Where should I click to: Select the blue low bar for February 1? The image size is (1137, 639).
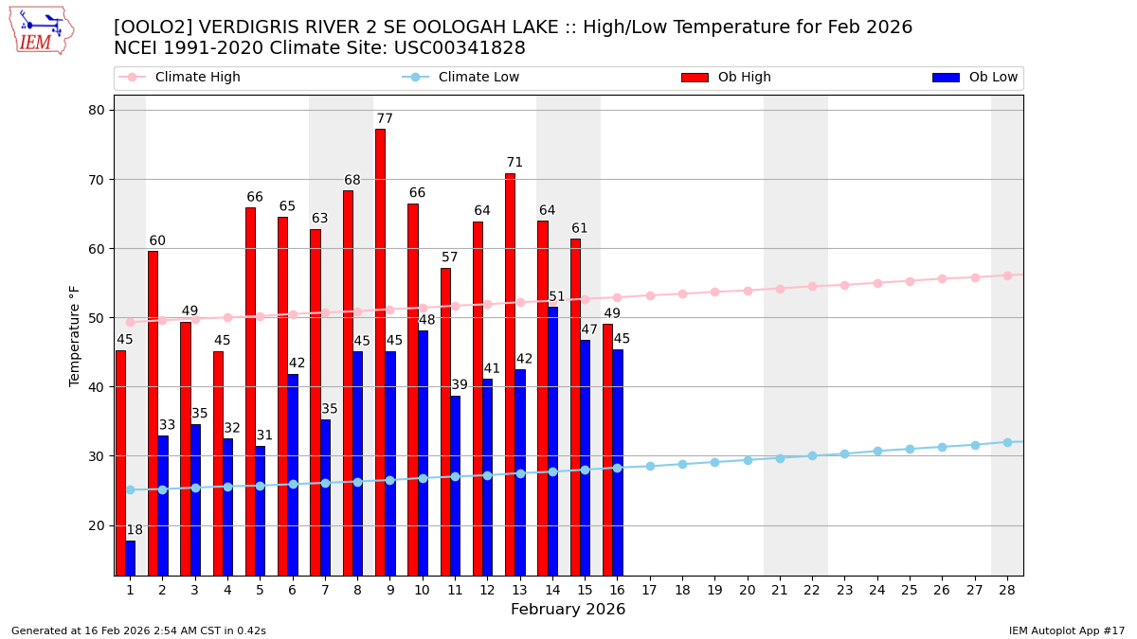(130, 558)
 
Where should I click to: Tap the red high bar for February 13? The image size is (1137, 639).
(510, 374)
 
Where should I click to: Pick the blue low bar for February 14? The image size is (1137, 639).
(552, 440)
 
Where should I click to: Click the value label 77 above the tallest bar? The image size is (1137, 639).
(385, 119)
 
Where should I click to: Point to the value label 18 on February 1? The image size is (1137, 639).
(135, 530)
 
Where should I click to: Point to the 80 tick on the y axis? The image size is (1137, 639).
(97, 110)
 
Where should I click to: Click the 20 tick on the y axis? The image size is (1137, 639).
(97, 525)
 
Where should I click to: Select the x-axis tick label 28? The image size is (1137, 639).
(1007, 590)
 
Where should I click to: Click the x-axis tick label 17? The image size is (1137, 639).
(649, 590)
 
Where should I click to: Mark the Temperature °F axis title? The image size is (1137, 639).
(75, 335)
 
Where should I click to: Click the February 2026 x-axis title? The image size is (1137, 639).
(568, 610)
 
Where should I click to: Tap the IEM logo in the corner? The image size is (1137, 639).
(41, 30)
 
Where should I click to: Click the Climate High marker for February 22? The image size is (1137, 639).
(812, 286)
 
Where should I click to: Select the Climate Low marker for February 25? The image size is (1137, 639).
(910, 449)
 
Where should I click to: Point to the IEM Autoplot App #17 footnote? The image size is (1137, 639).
(1067, 630)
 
